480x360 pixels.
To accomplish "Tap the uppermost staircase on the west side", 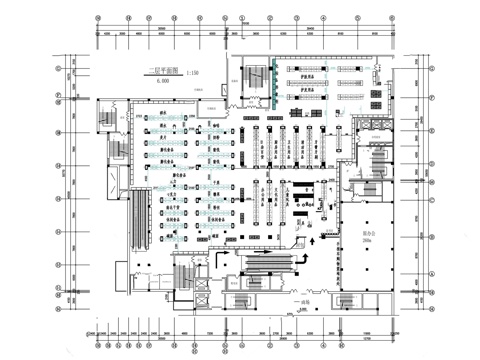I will point(109,118).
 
